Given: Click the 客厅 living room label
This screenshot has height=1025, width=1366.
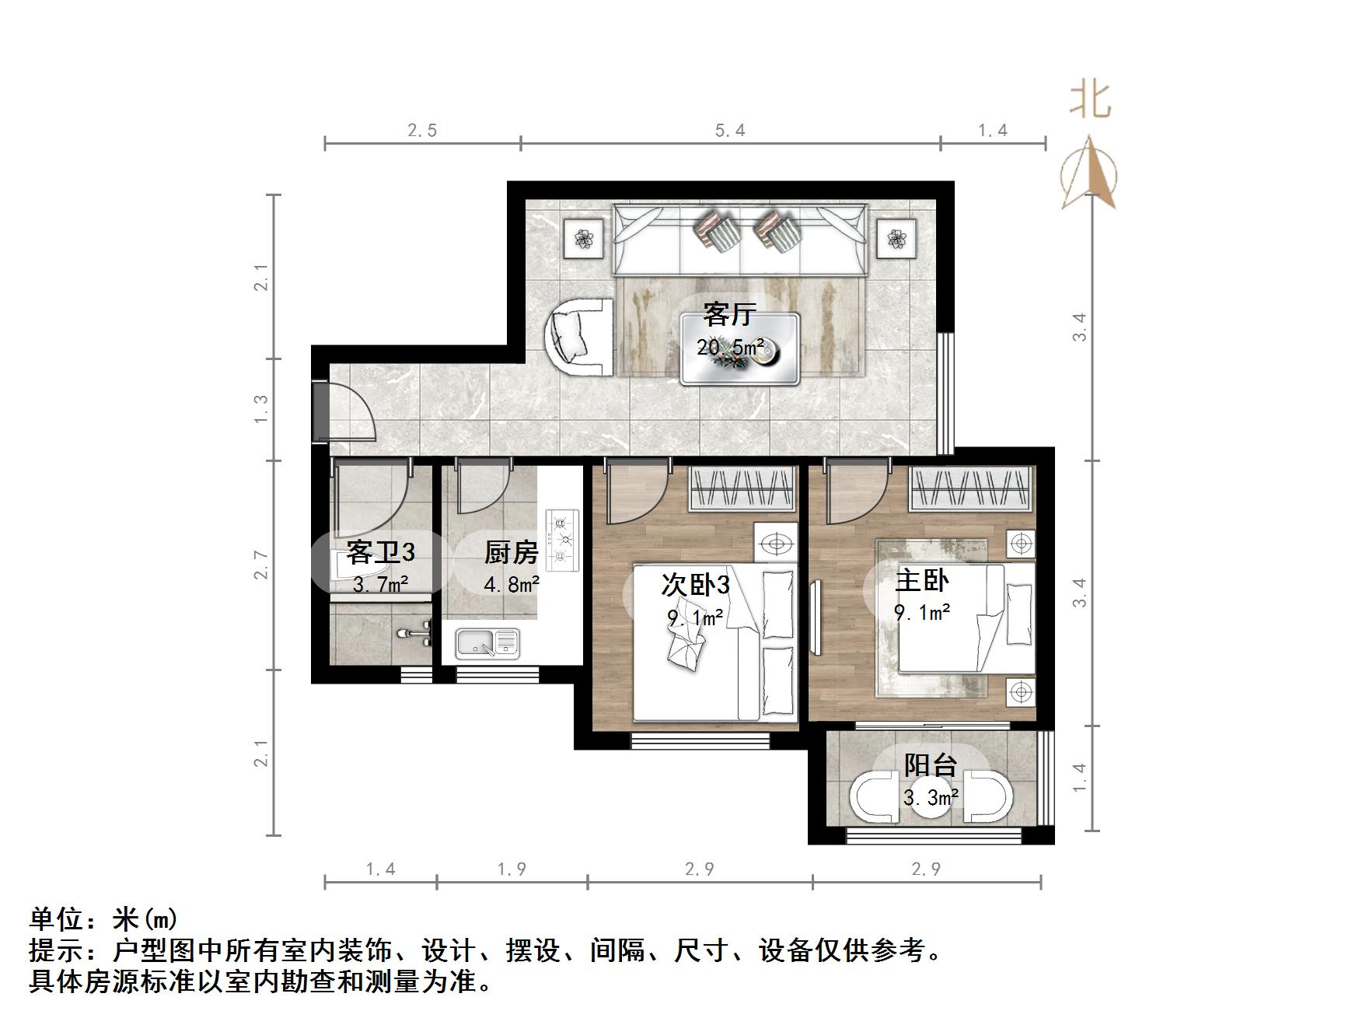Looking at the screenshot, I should (728, 314).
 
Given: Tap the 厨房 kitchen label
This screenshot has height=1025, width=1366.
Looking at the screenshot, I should (511, 553).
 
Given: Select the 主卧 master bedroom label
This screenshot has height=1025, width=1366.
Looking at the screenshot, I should (921, 581).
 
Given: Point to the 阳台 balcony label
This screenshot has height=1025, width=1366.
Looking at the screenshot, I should (930, 765).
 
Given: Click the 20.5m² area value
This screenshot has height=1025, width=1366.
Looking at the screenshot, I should (729, 347).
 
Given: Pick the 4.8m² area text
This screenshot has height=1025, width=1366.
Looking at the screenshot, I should (511, 583).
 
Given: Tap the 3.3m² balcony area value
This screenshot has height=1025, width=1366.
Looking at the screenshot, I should (930, 797).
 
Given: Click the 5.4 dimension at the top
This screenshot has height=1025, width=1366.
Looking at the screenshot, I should (730, 131).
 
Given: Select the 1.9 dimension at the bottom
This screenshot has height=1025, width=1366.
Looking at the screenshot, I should (512, 869).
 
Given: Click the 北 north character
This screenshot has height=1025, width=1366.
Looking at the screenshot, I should (1090, 101).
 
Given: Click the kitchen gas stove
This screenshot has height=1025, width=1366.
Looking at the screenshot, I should (563, 539).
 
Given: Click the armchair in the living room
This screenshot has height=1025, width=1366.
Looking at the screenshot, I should (579, 336).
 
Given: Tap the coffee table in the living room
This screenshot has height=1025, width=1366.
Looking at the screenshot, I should (739, 348).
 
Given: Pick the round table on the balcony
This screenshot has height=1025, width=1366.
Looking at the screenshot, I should (931, 797).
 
